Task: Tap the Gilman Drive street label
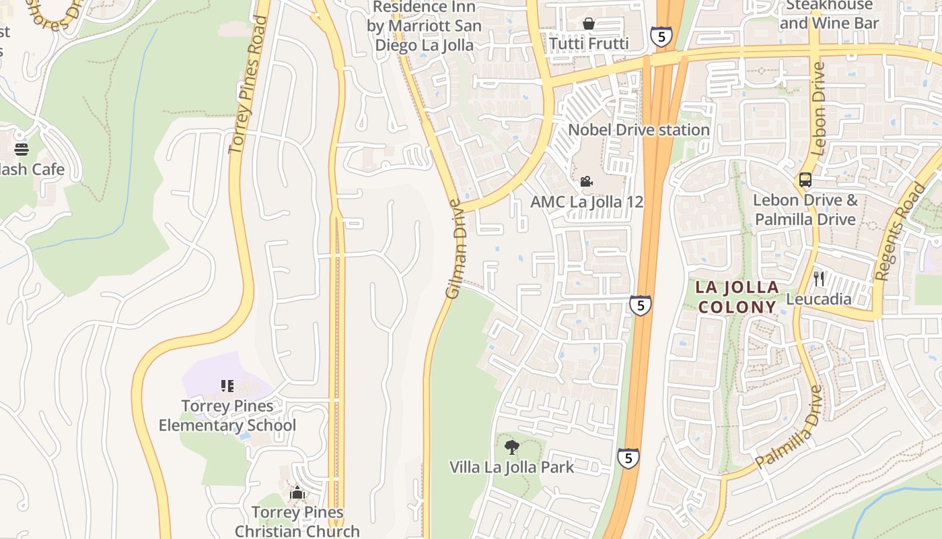[456, 249]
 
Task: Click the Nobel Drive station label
[639, 129]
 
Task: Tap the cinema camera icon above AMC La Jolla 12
[587, 181]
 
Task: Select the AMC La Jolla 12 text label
[587, 201]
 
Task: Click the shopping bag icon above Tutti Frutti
[589, 24]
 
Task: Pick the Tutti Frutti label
[589, 44]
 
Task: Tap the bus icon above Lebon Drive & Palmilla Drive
[805, 180]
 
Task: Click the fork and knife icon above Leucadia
[819, 279]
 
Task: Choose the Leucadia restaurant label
[819, 298]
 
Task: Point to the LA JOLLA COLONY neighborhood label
[737, 297]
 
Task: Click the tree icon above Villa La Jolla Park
[512, 447]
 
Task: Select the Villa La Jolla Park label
[511, 467]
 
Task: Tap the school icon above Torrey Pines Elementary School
[227, 386]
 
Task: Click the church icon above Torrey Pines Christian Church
[297, 493]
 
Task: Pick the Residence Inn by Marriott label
[424, 26]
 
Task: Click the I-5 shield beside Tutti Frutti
[661, 36]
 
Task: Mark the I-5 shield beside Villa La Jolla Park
[628, 459]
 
